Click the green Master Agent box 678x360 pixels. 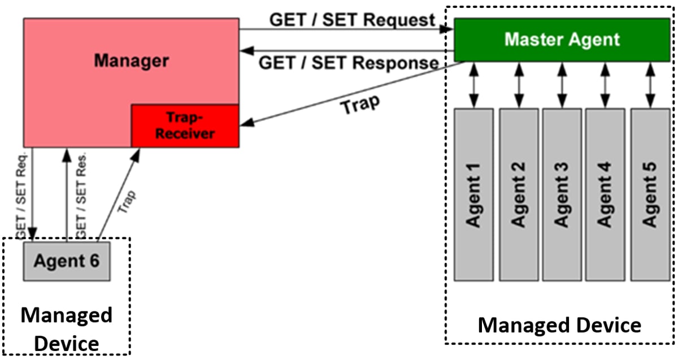coord(562,40)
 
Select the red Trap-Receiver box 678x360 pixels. coord(185,125)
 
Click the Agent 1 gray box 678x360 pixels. coord(473,194)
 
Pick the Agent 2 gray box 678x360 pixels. coord(518,194)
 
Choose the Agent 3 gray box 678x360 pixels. coord(562,194)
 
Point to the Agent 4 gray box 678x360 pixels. coord(605,194)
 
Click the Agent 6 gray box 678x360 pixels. coord(66,261)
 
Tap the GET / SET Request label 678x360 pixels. coord(352,20)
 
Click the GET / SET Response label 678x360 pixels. coord(349,62)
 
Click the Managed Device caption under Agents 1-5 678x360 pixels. coord(559,326)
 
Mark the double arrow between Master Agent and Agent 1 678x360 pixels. coord(473,85)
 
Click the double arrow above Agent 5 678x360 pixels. coord(650,85)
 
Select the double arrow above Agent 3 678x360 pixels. coord(562,85)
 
